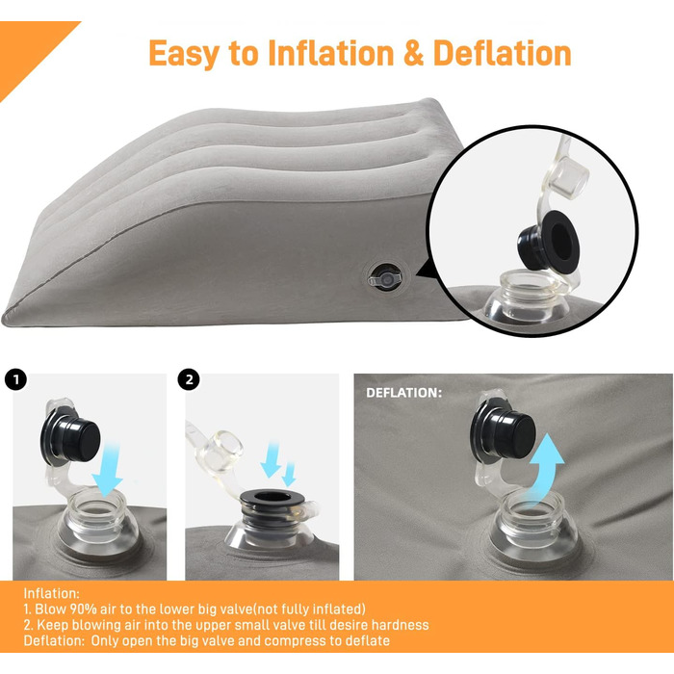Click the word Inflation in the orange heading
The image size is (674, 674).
click(x=331, y=53)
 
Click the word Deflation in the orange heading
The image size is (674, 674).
click(x=502, y=53)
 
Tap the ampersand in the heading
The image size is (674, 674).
click(x=413, y=53)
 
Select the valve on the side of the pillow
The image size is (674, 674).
click(x=385, y=277)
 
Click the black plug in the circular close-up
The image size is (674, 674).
click(x=549, y=240)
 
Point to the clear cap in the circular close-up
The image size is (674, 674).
click(x=569, y=174)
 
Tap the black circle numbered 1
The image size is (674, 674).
click(x=16, y=379)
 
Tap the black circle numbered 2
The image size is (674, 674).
click(x=189, y=379)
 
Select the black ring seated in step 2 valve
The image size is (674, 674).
click(x=272, y=501)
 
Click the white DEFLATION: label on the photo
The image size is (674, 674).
click(x=403, y=393)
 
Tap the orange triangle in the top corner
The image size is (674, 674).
click(x=27, y=48)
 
